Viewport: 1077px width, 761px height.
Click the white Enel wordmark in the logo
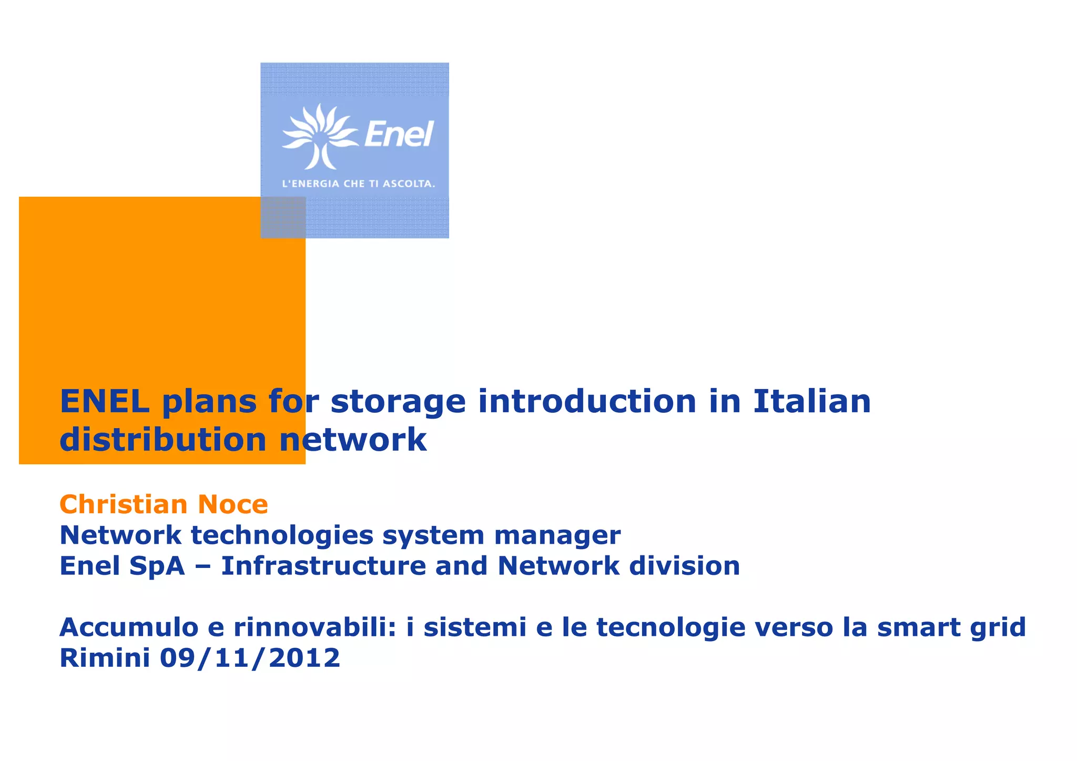coord(399,134)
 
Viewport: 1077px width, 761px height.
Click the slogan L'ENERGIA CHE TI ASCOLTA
coord(359,184)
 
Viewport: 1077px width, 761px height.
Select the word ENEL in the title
coord(105,401)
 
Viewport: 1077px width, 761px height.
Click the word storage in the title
coord(398,402)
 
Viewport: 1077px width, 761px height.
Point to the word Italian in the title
coord(812,401)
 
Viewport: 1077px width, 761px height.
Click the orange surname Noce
coord(232,504)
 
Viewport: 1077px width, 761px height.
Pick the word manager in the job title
coord(557,536)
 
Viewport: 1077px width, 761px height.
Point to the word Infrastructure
coord(322,566)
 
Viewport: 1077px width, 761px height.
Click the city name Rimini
coord(105,658)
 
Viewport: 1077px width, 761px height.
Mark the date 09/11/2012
coord(250,658)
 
